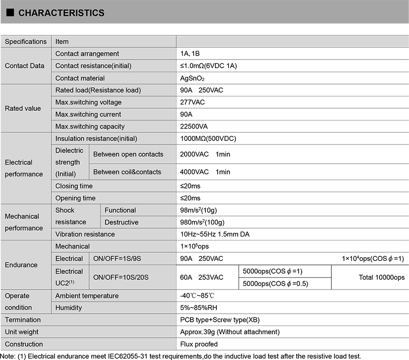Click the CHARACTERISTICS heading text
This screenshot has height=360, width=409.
click(61, 13)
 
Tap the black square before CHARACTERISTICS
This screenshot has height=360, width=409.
click(10, 13)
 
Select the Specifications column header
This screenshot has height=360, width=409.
click(26, 41)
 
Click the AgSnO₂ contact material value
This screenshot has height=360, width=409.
click(195, 78)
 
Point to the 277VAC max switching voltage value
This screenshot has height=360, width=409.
click(193, 102)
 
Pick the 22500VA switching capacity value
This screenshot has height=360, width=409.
click(194, 126)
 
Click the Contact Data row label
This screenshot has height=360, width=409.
click(25, 66)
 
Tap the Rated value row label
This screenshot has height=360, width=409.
click(23, 108)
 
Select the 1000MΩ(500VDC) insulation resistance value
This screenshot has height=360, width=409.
click(208, 138)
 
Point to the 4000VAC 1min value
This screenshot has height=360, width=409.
click(205, 172)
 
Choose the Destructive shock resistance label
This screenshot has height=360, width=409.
click(121, 222)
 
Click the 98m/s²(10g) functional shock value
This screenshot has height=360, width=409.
click(202, 210)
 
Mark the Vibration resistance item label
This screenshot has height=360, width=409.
click(85, 234)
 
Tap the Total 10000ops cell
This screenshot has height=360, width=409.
click(381, 277)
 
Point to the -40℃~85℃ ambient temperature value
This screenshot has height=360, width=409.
click(198, 295)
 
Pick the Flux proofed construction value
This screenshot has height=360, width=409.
click(199, 344)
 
